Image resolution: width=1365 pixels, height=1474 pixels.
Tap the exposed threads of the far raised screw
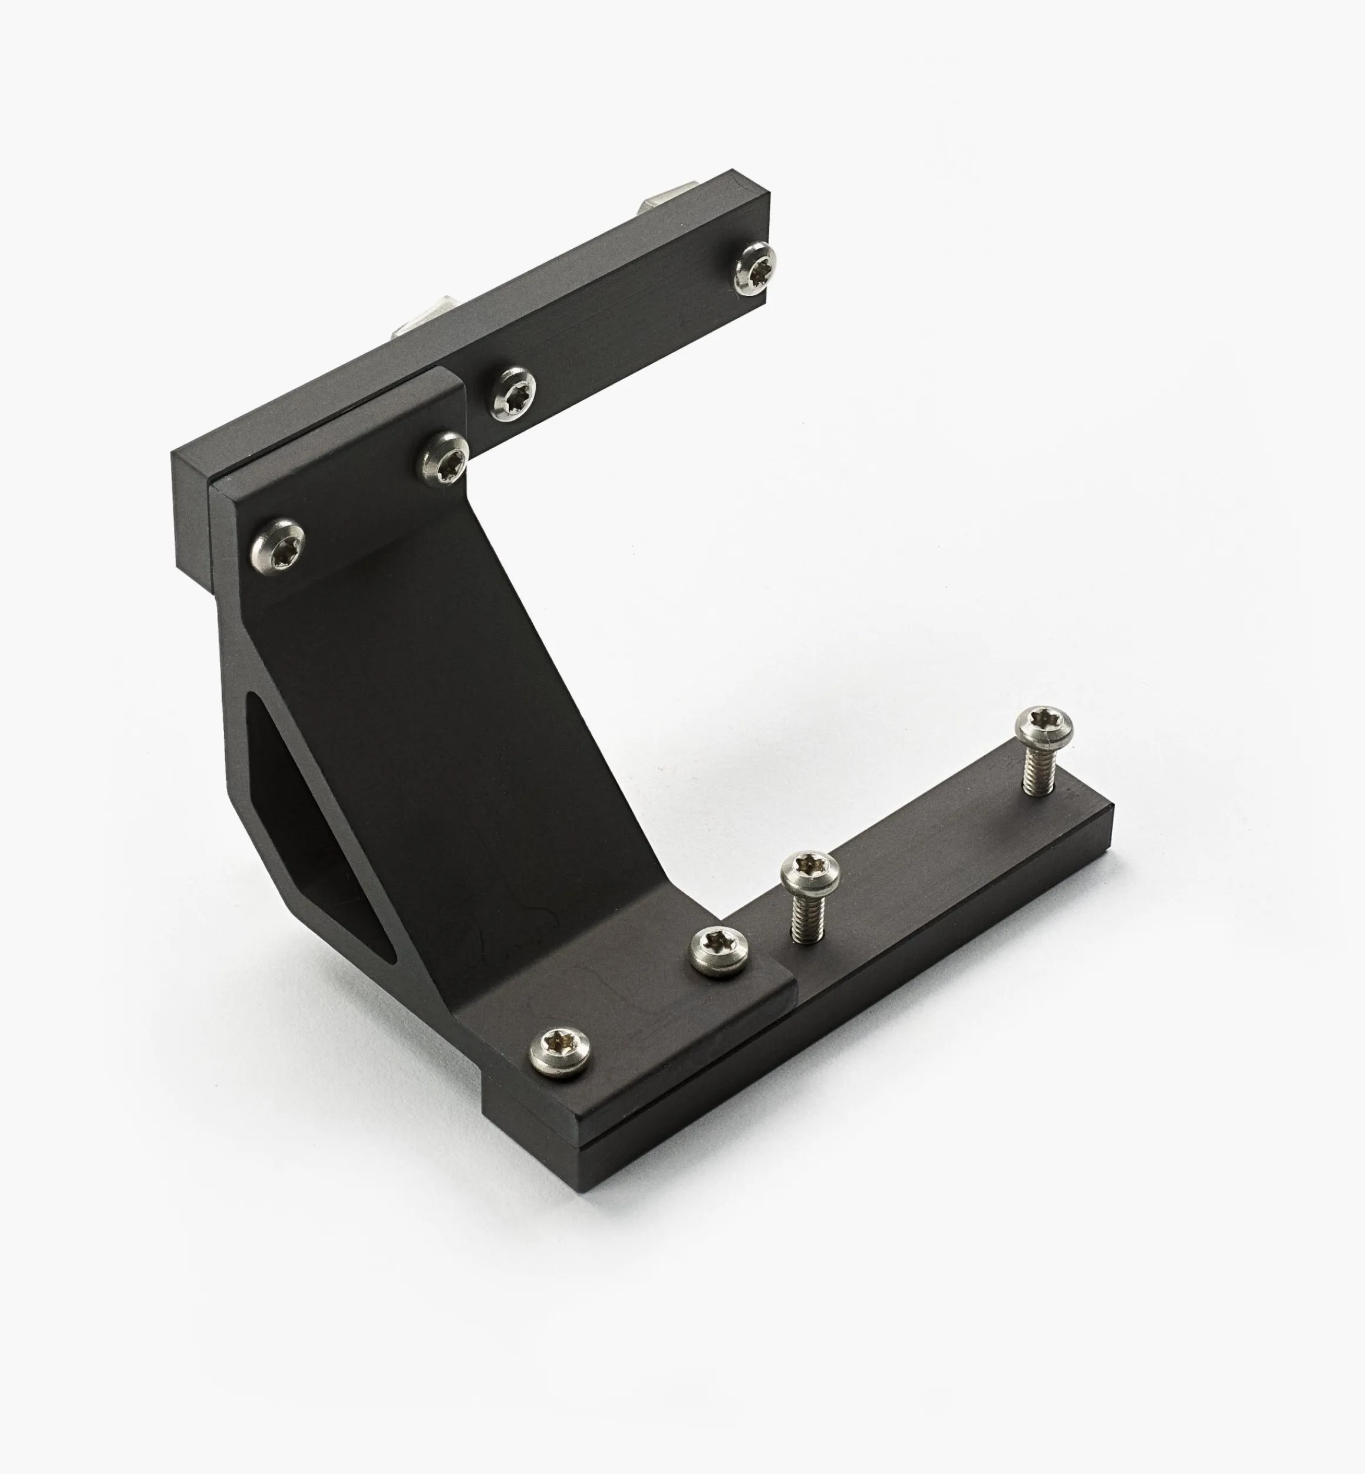[x=1037, y=771]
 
